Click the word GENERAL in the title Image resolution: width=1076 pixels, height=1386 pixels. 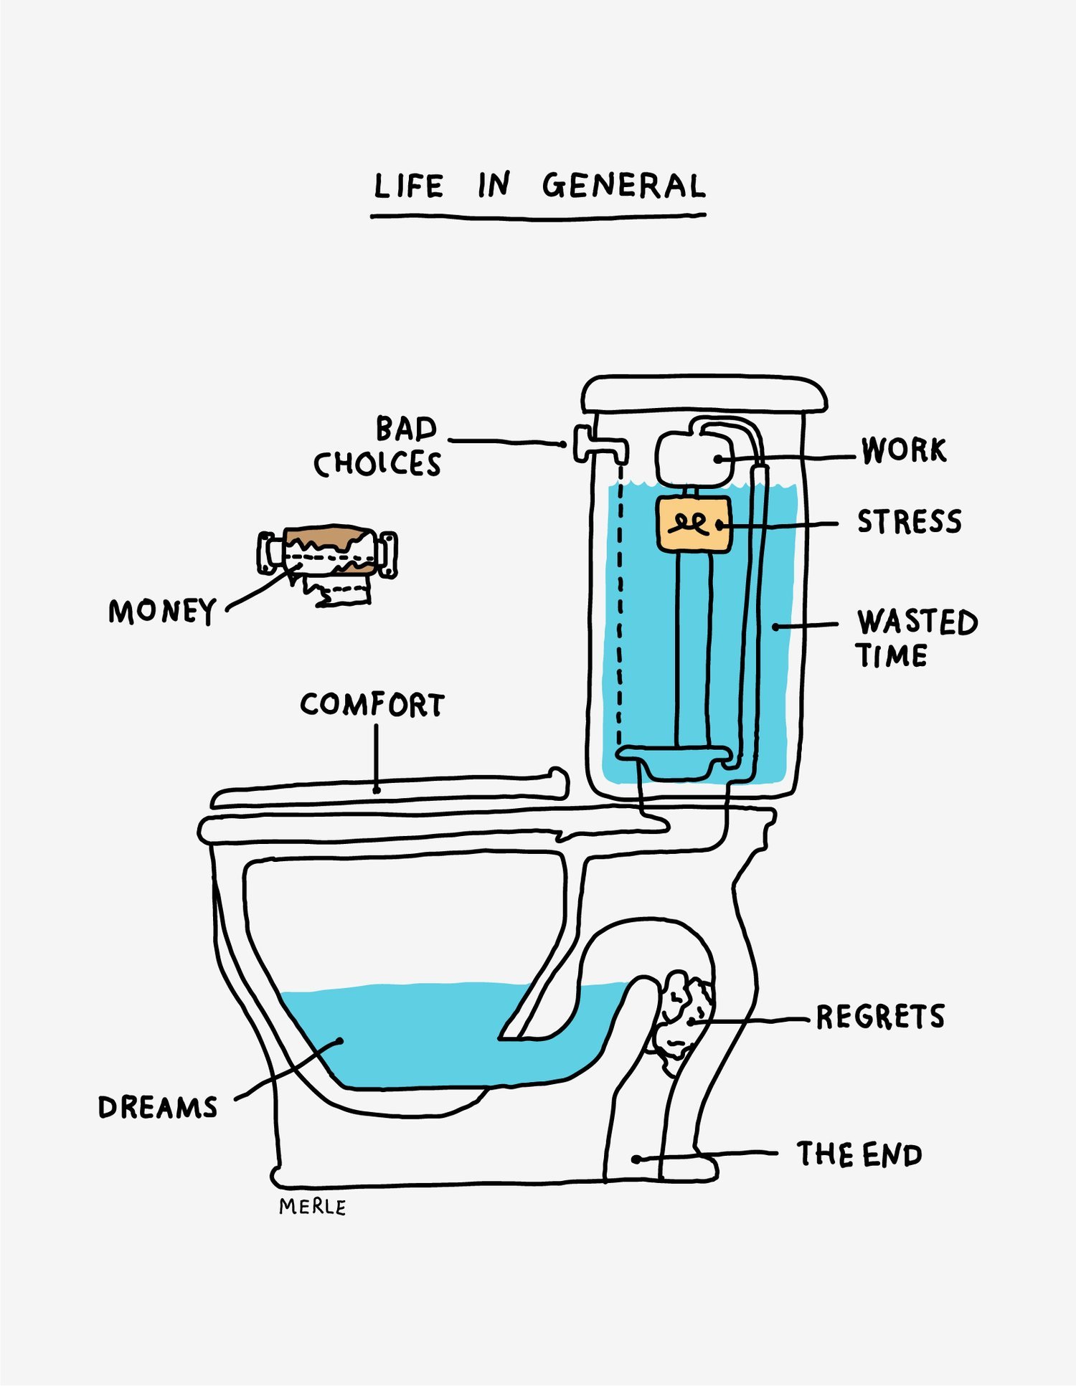click(623, 186)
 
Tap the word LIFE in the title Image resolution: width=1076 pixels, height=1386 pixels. click(408, 186)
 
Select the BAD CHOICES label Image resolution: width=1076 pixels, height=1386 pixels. click(378, 446)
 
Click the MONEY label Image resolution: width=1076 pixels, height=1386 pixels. click(162, 612)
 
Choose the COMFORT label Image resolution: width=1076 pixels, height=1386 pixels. click(372, 705)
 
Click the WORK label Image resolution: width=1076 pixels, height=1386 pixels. click(904, 450)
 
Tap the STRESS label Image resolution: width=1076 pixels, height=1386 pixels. click(909, 521)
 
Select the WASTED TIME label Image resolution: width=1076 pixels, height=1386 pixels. click(915, 638)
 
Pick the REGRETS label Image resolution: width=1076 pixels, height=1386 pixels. click(880, 1017)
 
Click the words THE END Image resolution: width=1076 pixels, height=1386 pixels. click(859, 1154)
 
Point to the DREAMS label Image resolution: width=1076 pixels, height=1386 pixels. click(158, 1108)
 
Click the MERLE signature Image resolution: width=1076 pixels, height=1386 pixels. click(312, 1207)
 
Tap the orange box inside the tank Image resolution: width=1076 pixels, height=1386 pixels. click(694, 524)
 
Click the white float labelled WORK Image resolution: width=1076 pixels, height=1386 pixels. click(694, 457)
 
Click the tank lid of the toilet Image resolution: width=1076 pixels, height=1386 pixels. click(704, 394)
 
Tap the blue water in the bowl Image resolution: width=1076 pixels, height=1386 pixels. click(430, 1033)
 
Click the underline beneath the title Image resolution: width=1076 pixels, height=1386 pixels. click(538, 216)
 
